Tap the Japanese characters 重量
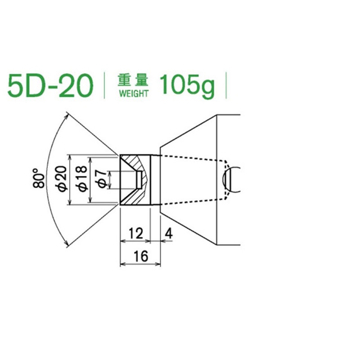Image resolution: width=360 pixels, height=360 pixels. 133,80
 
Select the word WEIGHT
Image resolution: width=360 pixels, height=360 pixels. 133,94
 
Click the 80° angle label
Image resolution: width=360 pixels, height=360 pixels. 40,179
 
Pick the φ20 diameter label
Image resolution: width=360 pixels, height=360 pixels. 63,179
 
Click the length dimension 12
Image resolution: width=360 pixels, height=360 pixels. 135,233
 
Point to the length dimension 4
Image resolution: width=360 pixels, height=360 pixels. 169,233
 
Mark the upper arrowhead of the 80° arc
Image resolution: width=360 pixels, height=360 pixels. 68,116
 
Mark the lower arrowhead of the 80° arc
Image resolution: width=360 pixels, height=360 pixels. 68,243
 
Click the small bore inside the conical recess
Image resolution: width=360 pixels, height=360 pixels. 139,179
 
